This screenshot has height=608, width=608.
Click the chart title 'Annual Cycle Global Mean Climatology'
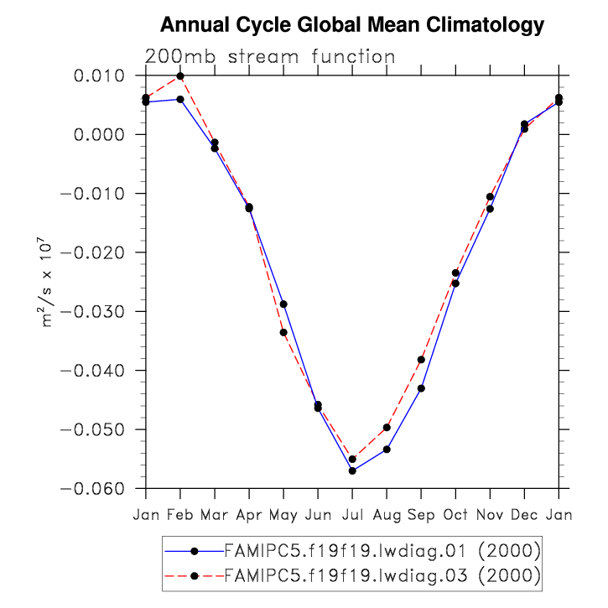tap(352, 25)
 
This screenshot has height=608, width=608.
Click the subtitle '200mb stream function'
tap(270, 57)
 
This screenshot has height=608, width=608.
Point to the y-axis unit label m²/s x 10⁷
tap(49, 282)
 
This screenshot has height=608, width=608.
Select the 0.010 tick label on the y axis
tap(100, 76)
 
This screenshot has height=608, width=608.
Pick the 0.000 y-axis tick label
tap(100, 135)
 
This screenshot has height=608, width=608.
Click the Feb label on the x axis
tap(180, 514)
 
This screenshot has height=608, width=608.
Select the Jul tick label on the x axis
tap(352, 514)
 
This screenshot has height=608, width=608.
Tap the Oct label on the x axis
tap(455, 514)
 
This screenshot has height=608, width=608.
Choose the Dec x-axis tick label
tap(524, 514)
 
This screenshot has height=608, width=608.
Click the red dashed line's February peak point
tap(180, 76)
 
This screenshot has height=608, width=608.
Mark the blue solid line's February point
tap(180, 99)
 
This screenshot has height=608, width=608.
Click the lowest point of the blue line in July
tap(352, 470)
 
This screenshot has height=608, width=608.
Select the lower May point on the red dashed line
tap(283, 332)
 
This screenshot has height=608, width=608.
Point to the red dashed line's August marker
tap(387, 428)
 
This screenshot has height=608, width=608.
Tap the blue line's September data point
tap(421, 388)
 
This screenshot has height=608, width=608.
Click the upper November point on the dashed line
tap(490, 196)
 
